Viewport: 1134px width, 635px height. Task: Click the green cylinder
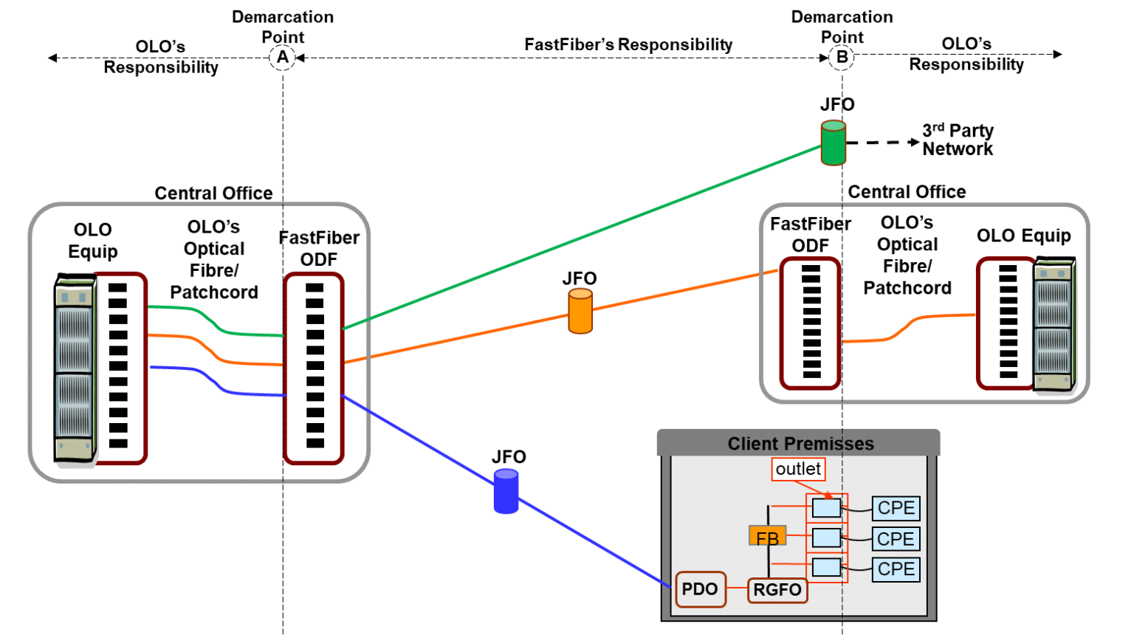tap(833, 143)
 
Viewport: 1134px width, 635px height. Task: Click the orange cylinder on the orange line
tap(580, 311)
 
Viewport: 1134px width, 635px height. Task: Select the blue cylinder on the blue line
tap(506, 492)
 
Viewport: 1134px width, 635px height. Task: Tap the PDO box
tap(700, 589)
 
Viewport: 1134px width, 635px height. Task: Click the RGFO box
tap(777, 590)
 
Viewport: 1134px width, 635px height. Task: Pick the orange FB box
tap(767, 536)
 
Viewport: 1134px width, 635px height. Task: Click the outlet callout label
tap(798, 469)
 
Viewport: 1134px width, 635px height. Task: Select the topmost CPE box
tap(896, 508)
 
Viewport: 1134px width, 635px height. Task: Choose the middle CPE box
tap(896, 539)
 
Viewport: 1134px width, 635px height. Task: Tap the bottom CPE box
tap(896, 569)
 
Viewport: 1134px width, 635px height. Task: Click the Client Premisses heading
tap(800, 444)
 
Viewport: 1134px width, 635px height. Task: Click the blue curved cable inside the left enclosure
tap(214, 382)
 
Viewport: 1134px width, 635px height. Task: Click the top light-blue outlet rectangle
tap(826, 508)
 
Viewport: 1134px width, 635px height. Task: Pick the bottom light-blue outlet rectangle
tap(826, 567)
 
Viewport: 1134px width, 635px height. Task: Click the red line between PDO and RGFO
tap(737, 589)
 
